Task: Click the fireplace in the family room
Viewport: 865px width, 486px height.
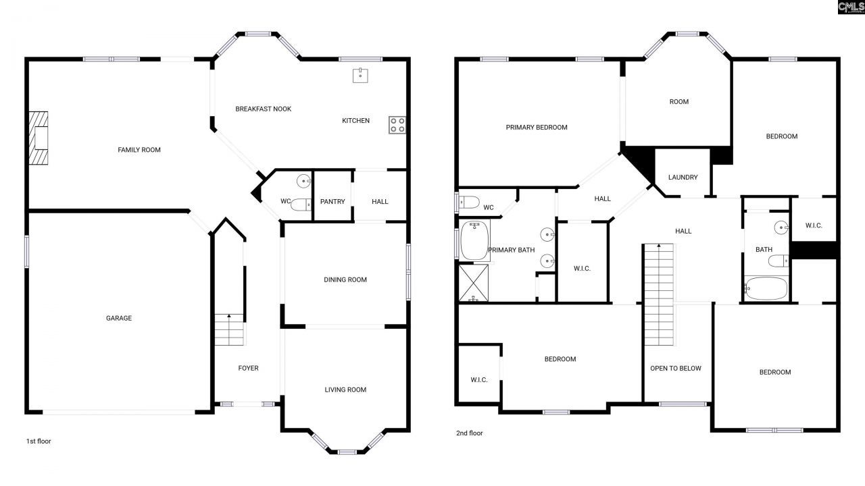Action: [x=39, y=138]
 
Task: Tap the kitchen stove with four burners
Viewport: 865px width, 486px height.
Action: [x=397, y=124]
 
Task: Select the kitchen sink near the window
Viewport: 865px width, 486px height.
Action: [x=360, y=75]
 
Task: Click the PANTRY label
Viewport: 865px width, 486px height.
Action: [x=332, y=202]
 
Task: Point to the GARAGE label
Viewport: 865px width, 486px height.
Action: [x=118, y=318]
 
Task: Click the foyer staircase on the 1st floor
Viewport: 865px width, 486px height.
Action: [x=229, y=329]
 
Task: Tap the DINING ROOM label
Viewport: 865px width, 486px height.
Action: [x=345, y=279]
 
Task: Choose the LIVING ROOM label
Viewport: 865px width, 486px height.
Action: [x=345, y=389]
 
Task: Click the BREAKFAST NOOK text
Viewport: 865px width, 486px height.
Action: [x=263, y=109]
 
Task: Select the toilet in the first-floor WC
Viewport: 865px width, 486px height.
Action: [x=300, y=205]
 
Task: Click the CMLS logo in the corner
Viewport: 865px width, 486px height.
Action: [x=850, y=7]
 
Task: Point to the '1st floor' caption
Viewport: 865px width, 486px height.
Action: [x=39, y=441]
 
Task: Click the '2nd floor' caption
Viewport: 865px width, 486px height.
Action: [x=470, y=433]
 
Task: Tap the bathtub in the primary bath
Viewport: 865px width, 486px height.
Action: [x=474, y=241]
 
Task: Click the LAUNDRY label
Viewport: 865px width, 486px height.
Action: [x=683, y=178]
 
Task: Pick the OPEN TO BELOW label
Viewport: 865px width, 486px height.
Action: [x=676, y=369]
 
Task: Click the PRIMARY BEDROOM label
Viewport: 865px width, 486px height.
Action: [x=537, y=127]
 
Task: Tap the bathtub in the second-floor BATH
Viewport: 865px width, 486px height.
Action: [x=766, y=288]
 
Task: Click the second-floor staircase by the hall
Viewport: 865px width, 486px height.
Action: [x=659, y=294]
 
